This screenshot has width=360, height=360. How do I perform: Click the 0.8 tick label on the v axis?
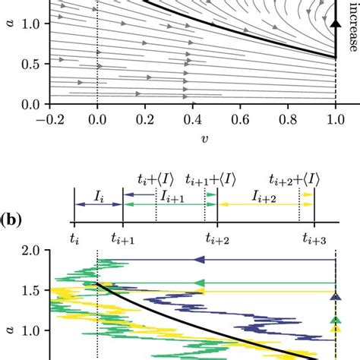click(311, 120)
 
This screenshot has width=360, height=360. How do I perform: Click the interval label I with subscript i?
click(97, 195)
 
